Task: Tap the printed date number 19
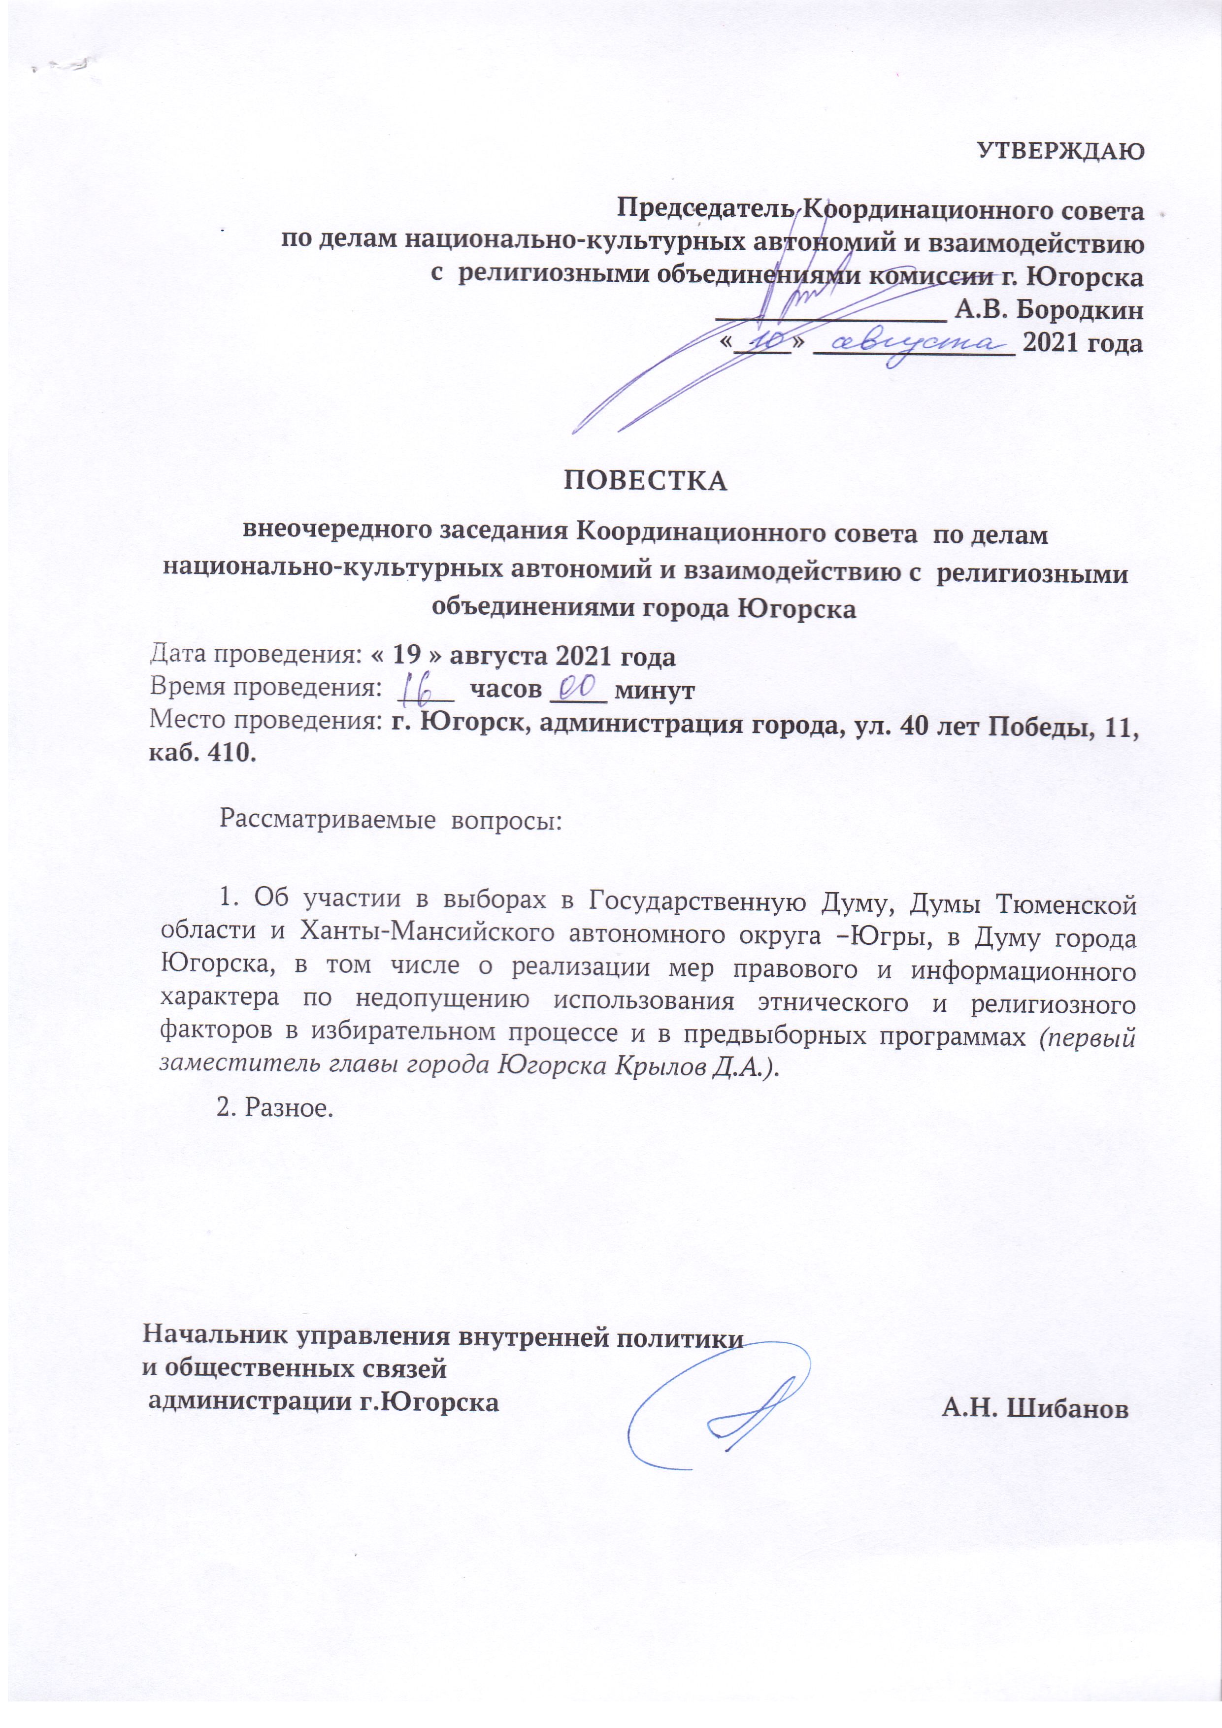(x=407, y=656)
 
